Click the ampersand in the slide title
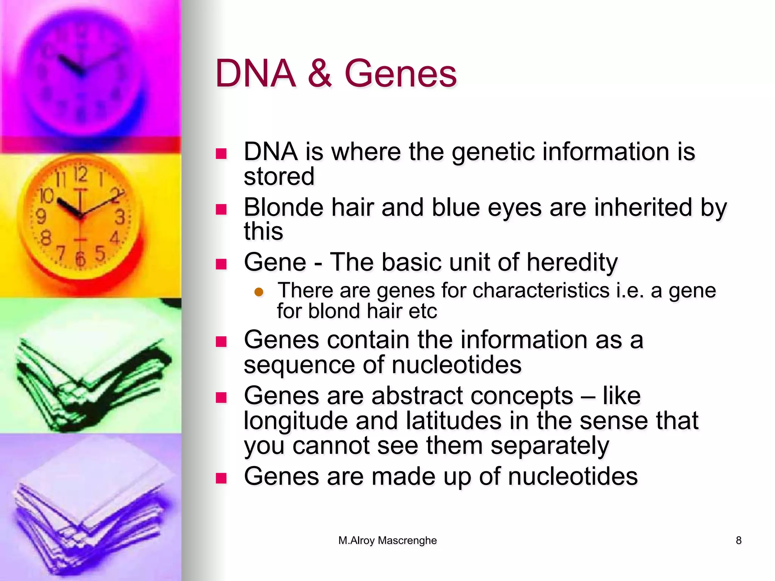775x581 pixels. [320, 73]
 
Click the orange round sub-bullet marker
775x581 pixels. [259, 292]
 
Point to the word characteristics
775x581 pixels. [541, 290]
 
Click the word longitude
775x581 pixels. [296, 421]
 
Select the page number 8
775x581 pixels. [738, 541]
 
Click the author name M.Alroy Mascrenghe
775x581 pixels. [387, 541]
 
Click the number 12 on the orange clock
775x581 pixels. [80, 174]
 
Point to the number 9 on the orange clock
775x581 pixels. [40, 217]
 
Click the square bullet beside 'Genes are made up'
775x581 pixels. [221, 478]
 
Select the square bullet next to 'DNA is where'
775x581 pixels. [221, 154]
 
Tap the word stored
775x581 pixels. [279, 177]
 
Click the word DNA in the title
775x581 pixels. [255, 73]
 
